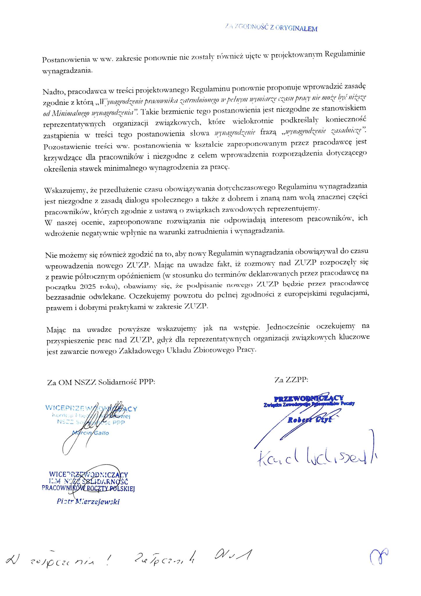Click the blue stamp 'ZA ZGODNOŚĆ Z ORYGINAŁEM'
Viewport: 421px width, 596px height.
click(x=271, y=28)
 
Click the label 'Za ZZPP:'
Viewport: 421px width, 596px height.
click(x=291, y=379)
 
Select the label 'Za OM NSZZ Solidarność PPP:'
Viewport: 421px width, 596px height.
click(x=101, y=382)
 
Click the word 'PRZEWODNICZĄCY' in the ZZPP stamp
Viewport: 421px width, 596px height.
click(x=309, y=398)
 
